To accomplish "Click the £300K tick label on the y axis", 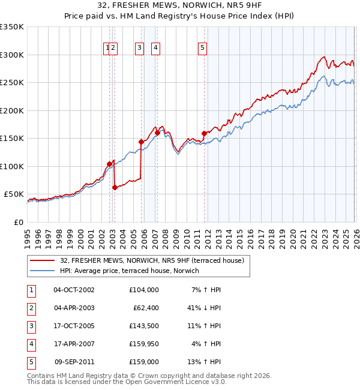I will (12, 55).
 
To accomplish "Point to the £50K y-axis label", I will (14, 194).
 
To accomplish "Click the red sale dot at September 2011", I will (204, 133).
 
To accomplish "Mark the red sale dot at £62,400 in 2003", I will (115, 187).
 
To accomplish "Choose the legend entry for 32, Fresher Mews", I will (152, 261).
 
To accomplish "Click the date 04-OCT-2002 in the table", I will (74, 290).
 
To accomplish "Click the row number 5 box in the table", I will (31, 362).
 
